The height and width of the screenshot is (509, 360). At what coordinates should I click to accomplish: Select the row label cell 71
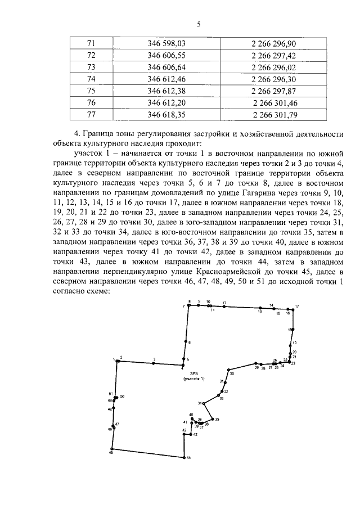[93, 43]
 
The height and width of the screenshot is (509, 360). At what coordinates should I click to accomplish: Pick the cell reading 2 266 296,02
[273, 67]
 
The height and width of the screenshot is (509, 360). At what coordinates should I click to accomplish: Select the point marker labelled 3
[154, 363]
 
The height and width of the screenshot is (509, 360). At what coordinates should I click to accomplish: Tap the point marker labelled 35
[213, 418]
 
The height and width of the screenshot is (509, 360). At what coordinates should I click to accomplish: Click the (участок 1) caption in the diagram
[193, 379]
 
